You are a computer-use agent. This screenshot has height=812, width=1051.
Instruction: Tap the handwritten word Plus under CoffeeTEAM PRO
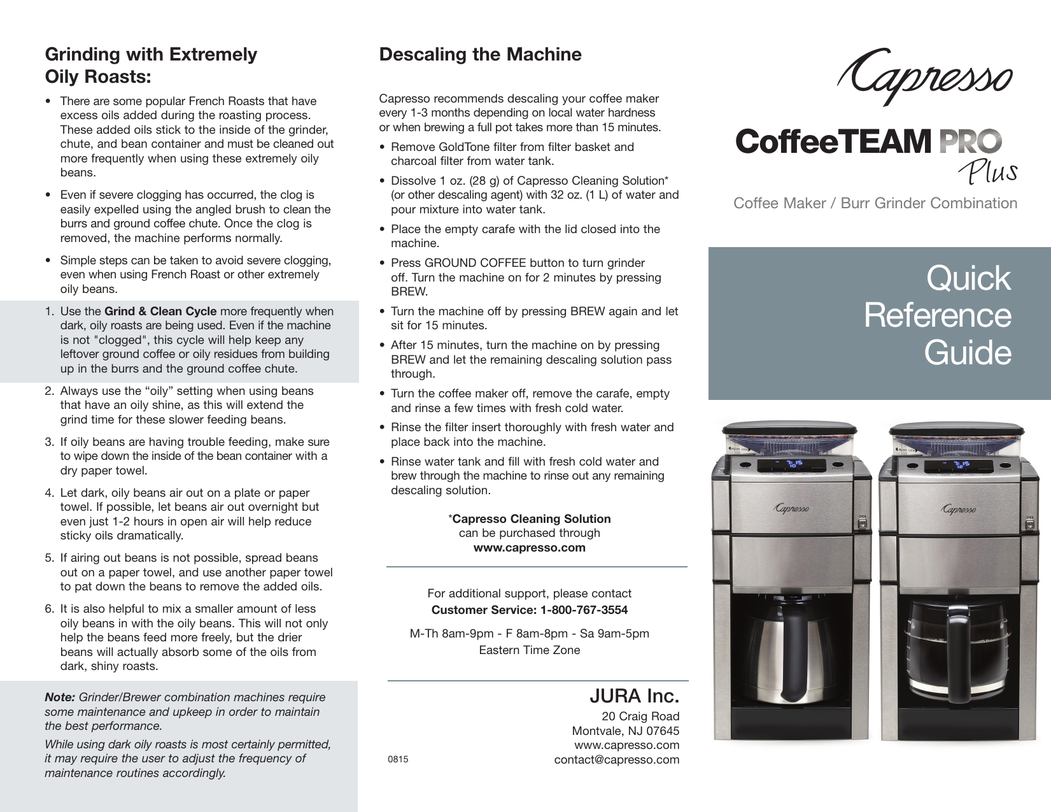tap(986, 171)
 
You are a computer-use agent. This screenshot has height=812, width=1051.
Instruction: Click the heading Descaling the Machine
tap(480, 54)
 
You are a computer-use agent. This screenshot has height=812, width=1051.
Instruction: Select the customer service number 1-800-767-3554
tap(584, 609)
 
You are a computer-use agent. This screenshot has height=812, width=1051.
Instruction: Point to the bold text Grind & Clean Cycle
tap(160, 311)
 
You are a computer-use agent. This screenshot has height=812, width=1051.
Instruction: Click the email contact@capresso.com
tap(616, 759)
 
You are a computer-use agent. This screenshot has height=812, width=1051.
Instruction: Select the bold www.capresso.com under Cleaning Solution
tap(529, 548)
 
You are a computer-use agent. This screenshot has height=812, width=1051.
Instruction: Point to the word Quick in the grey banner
tap(968, 278)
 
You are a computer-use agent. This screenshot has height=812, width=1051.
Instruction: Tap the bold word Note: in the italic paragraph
tap(60, 697)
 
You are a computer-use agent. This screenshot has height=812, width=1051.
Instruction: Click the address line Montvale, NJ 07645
tap(625, 730)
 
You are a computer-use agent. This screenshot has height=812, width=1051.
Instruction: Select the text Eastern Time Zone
tap(529, 650)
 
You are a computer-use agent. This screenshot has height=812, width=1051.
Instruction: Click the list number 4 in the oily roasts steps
tap(49, 493)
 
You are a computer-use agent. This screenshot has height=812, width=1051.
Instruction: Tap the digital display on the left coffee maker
tap(786, 466)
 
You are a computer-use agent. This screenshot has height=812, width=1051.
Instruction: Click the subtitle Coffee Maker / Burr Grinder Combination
tap(875, 203)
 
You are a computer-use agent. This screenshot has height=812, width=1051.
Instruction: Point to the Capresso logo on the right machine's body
tap(959, 509)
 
